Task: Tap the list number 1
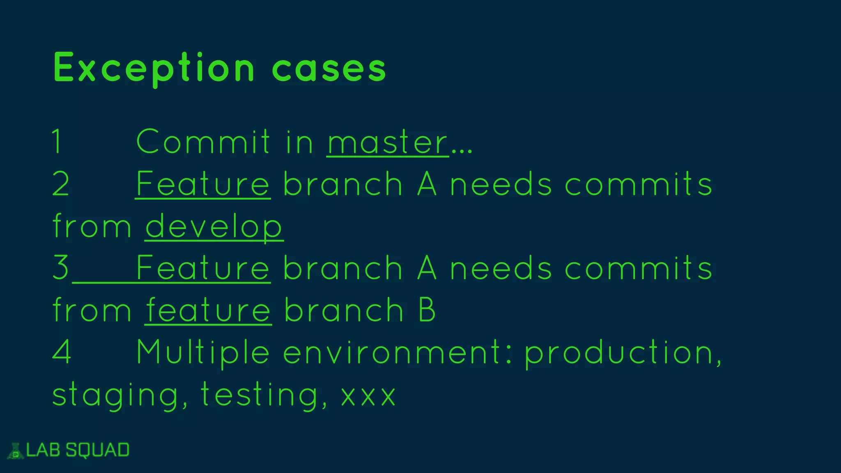tap(57, 142)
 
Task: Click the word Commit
tap(203, 142)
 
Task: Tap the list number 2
tap(61, 184)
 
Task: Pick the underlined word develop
tap(214, 227)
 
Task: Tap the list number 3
tap(61, 268)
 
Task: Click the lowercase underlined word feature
tap(208, 310)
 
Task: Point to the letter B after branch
tap(427, 310)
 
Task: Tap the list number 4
tap(62, 352)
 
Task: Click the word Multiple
tap(203, 352)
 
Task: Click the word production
tap(622, 352)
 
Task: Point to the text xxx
tap(368, 396)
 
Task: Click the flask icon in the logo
tap(16, 451)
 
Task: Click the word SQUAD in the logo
tap(98, 450)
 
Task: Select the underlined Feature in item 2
tap(203, 184)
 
